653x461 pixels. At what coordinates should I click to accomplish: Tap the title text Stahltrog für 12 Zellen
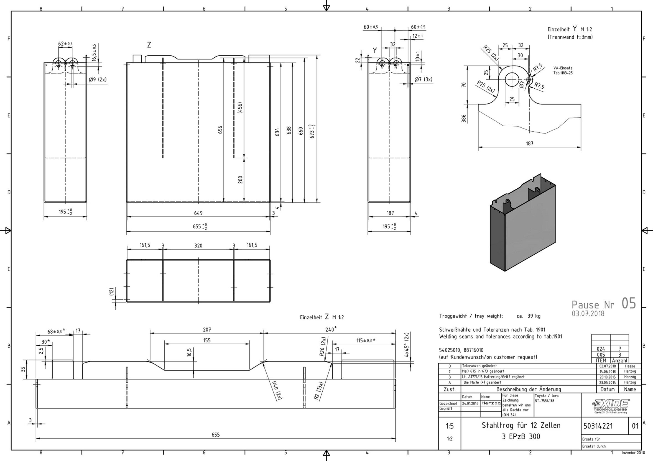tap(521, 425)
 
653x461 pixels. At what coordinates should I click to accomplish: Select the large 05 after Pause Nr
tap(629, 303)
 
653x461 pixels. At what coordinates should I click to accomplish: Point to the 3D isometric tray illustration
tap(523, 223)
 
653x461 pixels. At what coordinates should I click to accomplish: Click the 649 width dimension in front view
tap(198, 213)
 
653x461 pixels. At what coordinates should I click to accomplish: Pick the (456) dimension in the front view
tap(240, 108)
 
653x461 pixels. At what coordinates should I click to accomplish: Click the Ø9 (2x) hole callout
tap(98, 80)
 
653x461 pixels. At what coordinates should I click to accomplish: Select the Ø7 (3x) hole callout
tap(423, 79)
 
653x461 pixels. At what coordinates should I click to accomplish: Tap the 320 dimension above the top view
tap(198, 245)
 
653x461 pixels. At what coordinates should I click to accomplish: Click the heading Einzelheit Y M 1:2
tap(569, 29)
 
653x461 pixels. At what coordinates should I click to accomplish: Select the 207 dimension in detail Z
tap(207, 329)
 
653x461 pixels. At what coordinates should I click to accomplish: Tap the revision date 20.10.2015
tap(607, 377)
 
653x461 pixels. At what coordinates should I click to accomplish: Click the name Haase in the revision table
tap(630, 366)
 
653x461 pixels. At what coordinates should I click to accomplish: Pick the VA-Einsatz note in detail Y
tap(563, 70)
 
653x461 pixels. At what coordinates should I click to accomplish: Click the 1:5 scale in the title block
tap(449, 426)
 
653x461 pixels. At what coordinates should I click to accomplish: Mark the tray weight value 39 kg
tap(534, 316)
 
